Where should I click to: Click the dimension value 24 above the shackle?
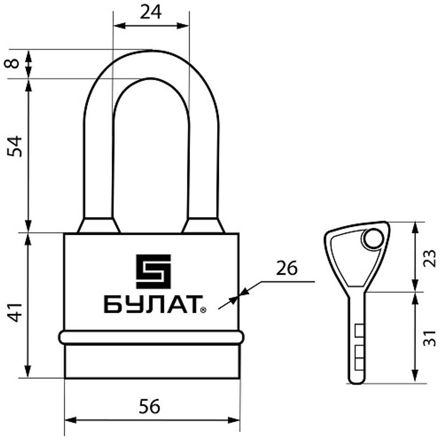(151, 12)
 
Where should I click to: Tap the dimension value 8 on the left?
(12, 63)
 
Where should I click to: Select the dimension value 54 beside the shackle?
(15, 146)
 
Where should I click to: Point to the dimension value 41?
(15, 312)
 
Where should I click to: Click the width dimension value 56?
(149, 407)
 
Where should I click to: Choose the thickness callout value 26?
(287, 268)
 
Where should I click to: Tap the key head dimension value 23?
(430, 258)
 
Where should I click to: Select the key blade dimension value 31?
(430, 338)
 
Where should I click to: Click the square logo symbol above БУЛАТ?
(153, 272)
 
